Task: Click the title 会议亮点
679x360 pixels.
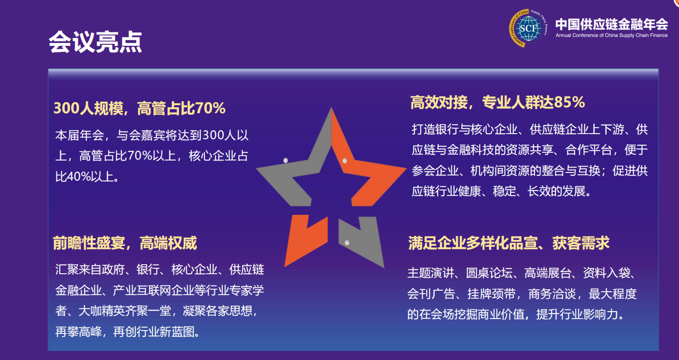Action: click(x=95, y=42)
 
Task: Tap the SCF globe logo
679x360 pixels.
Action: click(x=528, y=28)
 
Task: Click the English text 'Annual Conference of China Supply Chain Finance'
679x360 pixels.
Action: click(x=611, y=35)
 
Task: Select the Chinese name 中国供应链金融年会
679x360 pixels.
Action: click(x=611, y=24)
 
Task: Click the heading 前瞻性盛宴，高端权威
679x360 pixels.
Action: click(x=125, y=243)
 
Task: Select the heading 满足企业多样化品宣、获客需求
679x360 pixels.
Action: click(x=509, y=243)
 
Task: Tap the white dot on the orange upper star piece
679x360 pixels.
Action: click(x=344, y=161)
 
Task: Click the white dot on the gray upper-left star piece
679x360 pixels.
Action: click(x=286, y=160)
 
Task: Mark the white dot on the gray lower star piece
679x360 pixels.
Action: click(x=347, y=243)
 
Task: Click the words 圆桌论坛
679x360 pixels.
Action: click(x=489, y=273)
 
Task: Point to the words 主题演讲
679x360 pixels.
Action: click(x=431, y=273)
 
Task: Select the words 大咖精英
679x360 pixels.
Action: click(x=101, y=311)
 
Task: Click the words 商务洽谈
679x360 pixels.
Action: click(x=552, y=294)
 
